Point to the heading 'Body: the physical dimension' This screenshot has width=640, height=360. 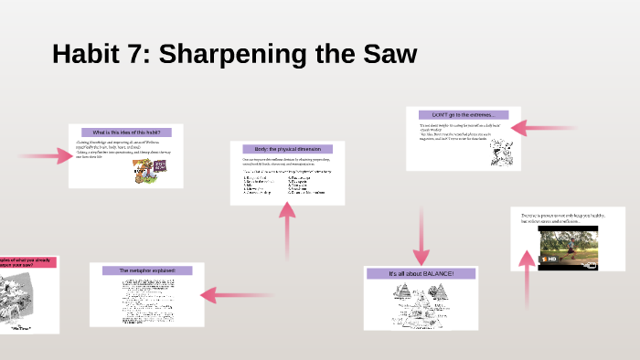pyautogui.click(x=287, y=148)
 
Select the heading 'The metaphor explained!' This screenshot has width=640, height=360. pyautogui.click(x=147, y=270)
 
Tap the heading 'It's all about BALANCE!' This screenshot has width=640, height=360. pyautogui.click(x=421, y=273)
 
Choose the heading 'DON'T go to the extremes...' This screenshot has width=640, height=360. pyautogui.click(x=464, y=114)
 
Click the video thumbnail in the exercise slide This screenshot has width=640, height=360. pyautogui.click(x=568, y=248)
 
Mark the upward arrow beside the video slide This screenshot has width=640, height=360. pyautogui.click(x=528, y=278)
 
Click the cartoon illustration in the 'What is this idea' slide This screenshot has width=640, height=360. pyautogui.click(x=144, y=170)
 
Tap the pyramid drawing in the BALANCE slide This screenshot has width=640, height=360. pyautogui.click(x=416, y=301)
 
